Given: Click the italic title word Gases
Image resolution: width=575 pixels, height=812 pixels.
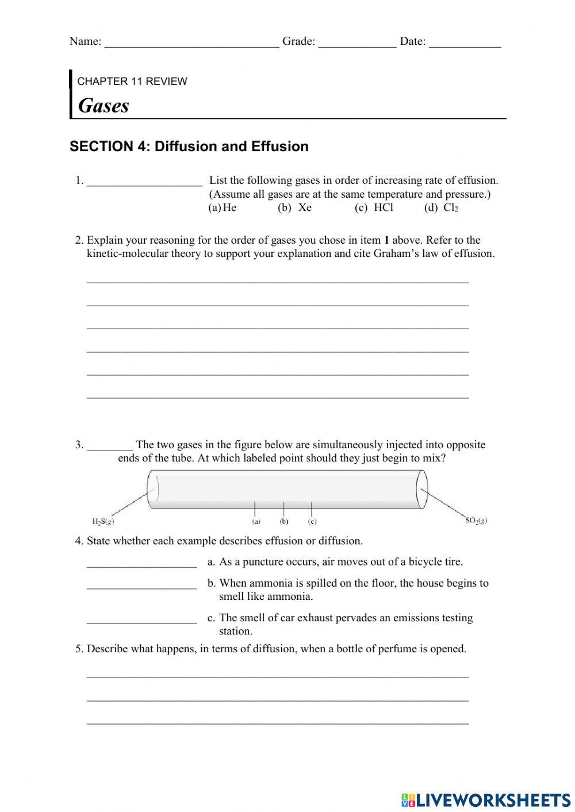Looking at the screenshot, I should click(103, 105).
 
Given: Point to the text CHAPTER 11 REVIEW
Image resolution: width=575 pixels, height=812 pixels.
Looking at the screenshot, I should click(132, 81).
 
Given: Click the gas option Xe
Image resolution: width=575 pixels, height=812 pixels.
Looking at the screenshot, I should click(305, 207).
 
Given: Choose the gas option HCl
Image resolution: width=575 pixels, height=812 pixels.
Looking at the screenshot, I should click(383, 207).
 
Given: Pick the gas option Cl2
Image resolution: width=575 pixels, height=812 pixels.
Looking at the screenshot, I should click(450, 207).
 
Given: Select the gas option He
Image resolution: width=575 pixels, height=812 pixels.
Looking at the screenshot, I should click(229, 207).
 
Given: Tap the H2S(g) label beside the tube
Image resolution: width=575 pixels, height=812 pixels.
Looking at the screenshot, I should click(103, 522).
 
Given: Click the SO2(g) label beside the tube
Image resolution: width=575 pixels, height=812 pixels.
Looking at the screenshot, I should click(476, 521).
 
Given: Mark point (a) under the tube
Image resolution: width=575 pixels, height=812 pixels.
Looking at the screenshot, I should click(256, 522).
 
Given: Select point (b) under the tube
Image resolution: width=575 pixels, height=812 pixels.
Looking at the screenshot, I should click(283, 522).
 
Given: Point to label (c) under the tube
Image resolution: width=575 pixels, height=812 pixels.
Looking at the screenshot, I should click(312, 522).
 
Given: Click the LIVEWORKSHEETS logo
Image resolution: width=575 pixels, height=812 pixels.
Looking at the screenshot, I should click(486, 800).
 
